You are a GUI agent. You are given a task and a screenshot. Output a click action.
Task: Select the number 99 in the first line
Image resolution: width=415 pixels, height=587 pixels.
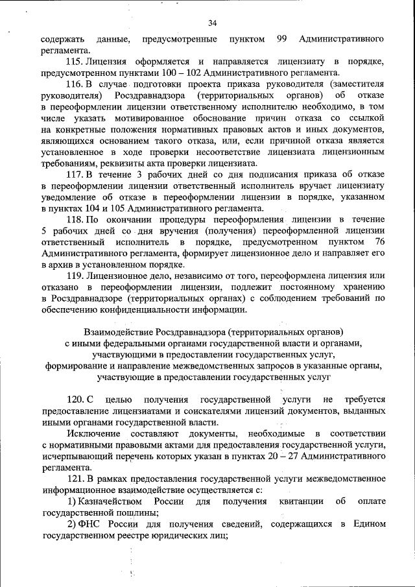pyautogui.click(x=282, y=40)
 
